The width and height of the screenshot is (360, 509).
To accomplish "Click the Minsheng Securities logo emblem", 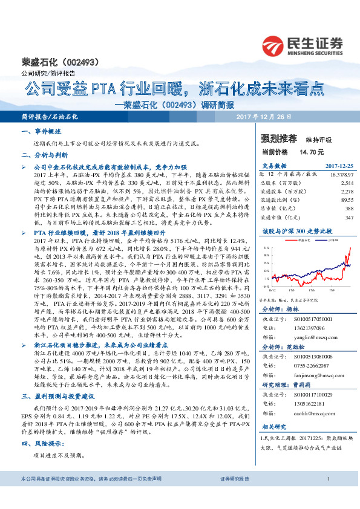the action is click(275, 45).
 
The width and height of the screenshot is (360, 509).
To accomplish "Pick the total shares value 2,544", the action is click(347, 181).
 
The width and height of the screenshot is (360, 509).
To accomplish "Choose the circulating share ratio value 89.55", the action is click(347, 199).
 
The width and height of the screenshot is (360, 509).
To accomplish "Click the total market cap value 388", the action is click(349, 207).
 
